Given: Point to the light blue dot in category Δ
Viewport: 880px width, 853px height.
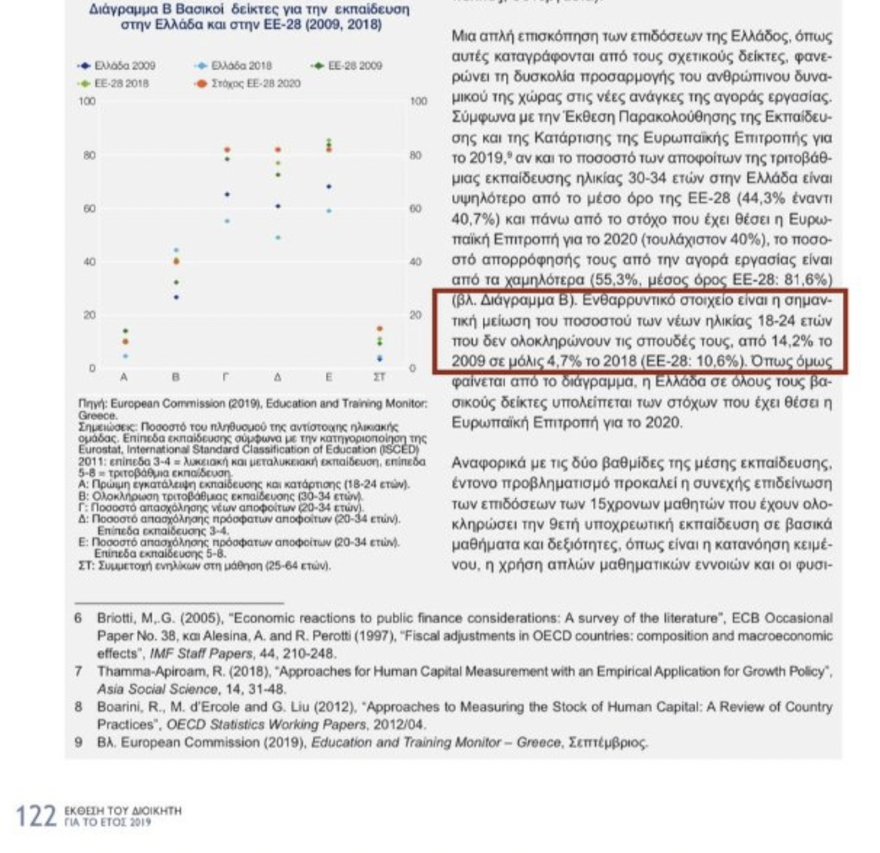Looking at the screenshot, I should (278, 238).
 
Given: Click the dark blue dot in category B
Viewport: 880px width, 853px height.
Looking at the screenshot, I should (177, 297).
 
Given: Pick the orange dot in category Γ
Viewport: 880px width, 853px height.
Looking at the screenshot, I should (227, 150).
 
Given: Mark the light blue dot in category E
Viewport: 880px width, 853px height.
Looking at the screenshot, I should (329, 211).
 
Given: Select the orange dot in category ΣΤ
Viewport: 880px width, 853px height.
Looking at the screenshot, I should (380, 329).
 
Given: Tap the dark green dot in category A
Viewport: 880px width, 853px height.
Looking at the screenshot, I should (126, 331).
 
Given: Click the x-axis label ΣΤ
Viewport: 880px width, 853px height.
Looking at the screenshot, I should (379, 377).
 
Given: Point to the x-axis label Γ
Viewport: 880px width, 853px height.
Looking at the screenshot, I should (225, 377).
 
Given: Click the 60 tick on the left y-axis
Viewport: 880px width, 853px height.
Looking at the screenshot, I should (89, 208).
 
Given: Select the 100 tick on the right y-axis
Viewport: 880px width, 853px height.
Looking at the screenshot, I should (418, 101).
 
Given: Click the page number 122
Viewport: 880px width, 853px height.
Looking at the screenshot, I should (36, 816).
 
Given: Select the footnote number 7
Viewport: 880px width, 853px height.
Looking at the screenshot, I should (78, 671).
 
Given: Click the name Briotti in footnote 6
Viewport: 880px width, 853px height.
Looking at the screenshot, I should (116, 618).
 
